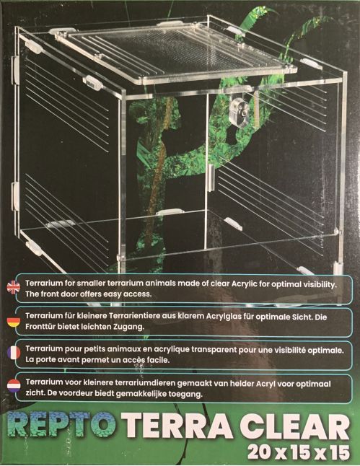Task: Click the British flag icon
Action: click(13, 287)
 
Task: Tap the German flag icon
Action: click(14, 322)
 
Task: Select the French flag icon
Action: click(14, 353)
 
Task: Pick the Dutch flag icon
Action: click(14, 385)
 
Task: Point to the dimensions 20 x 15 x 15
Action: click(298, 452)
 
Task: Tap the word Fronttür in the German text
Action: click(39, 326)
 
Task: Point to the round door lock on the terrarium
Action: click(240, 112)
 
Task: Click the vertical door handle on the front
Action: click(211, 178)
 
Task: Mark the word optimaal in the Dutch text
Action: click(313, 384)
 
